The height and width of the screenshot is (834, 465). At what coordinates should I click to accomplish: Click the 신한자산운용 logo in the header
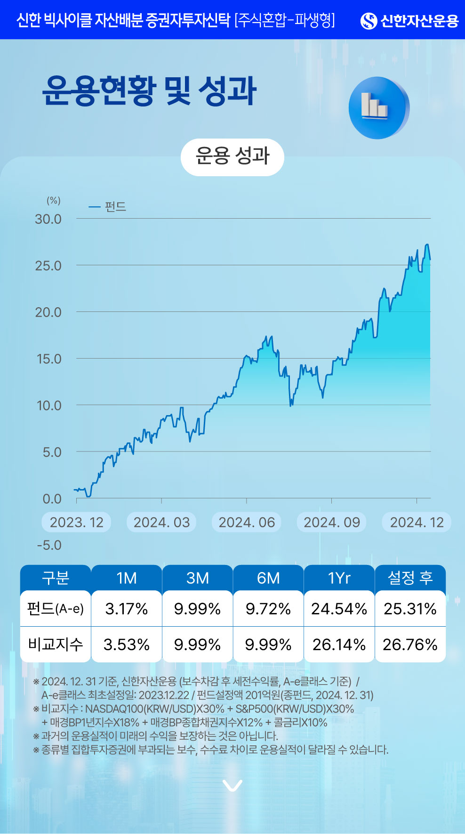409,21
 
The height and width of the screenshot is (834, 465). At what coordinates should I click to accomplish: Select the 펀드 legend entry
108,207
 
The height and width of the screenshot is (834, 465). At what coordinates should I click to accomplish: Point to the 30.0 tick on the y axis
48,219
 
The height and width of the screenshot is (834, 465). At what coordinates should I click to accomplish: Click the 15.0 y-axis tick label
49,359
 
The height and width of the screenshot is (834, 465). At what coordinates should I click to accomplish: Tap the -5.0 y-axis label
49,545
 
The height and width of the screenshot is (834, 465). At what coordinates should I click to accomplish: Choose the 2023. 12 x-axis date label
77,523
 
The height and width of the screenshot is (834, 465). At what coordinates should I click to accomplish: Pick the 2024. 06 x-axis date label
247,523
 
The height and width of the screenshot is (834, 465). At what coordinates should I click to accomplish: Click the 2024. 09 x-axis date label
332,523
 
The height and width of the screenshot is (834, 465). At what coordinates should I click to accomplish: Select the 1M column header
127,578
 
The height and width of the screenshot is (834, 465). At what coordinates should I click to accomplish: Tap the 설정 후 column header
410,578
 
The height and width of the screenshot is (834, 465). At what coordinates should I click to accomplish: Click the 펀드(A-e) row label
56,609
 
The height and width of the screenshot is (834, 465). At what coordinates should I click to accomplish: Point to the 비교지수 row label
56,644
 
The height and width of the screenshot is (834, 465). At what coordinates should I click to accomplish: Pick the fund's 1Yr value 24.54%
339,609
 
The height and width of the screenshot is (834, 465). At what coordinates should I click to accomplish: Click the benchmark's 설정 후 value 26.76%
410,644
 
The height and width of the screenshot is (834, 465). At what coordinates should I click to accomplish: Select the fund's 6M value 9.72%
268,609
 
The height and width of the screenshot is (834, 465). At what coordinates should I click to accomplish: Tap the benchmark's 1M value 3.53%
127,644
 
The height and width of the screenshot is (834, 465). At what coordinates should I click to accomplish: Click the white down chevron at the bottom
232,785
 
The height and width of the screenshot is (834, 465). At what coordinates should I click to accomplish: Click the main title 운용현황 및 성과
150,90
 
